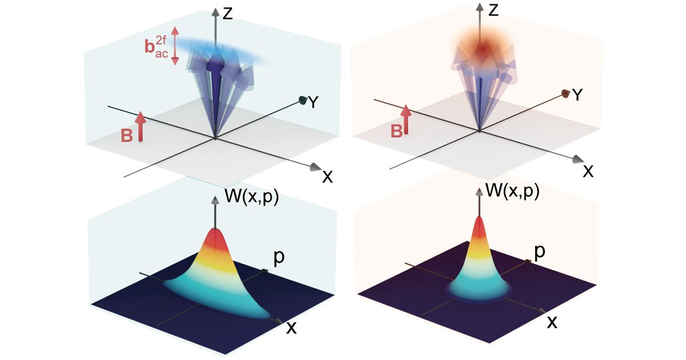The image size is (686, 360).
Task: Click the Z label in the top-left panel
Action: point(228,14)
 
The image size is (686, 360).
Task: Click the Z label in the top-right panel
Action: point(493,10)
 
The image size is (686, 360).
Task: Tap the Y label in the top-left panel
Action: point(313,102)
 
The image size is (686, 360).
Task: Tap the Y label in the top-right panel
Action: point(577,95)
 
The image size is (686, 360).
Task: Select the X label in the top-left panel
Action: point(328,177)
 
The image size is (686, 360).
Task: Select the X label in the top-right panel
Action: point(588,171)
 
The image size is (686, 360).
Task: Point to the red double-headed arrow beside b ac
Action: point(174,46)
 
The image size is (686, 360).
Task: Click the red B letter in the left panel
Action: point(127,135)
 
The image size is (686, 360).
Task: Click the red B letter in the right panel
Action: point(397,131)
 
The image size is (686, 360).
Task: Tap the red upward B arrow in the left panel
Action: point(140,126)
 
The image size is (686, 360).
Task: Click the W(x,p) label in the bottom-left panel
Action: point(252,196)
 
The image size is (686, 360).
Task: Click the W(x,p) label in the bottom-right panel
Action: point(512,191)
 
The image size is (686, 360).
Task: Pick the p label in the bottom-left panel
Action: point(279,259)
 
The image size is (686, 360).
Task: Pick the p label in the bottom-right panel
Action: point(540,252)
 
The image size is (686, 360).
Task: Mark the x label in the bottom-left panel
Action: point(292,328)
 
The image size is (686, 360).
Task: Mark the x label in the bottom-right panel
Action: point(552,322)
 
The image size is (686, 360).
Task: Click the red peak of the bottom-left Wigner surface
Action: point(216,238)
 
